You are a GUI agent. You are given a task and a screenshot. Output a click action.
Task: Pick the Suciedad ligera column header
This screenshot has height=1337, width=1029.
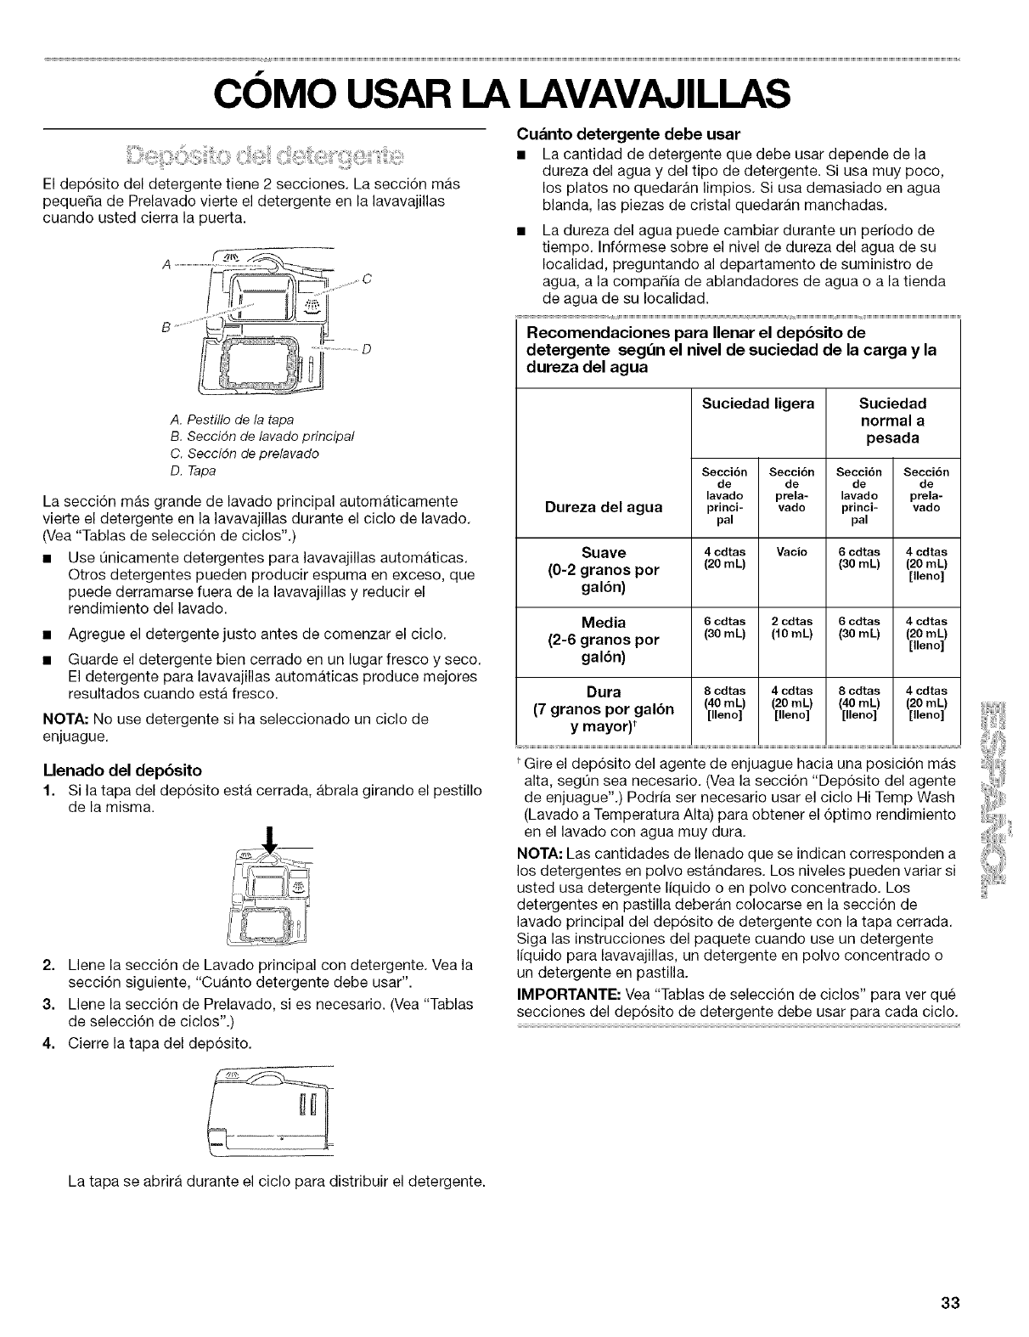(x=758, y=403)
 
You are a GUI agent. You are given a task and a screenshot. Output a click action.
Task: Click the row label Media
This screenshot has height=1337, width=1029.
(x=604, y=621)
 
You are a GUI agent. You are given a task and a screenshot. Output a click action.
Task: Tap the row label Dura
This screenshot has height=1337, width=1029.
(x=604, y=691)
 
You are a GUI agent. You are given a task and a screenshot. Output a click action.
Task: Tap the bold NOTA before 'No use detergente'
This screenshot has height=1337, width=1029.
(x=62, y=719)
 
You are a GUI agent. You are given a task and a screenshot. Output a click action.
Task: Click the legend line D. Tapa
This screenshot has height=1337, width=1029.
(x=194, y=470)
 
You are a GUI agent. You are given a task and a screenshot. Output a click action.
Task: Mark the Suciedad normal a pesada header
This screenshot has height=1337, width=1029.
(x=892, y=420)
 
